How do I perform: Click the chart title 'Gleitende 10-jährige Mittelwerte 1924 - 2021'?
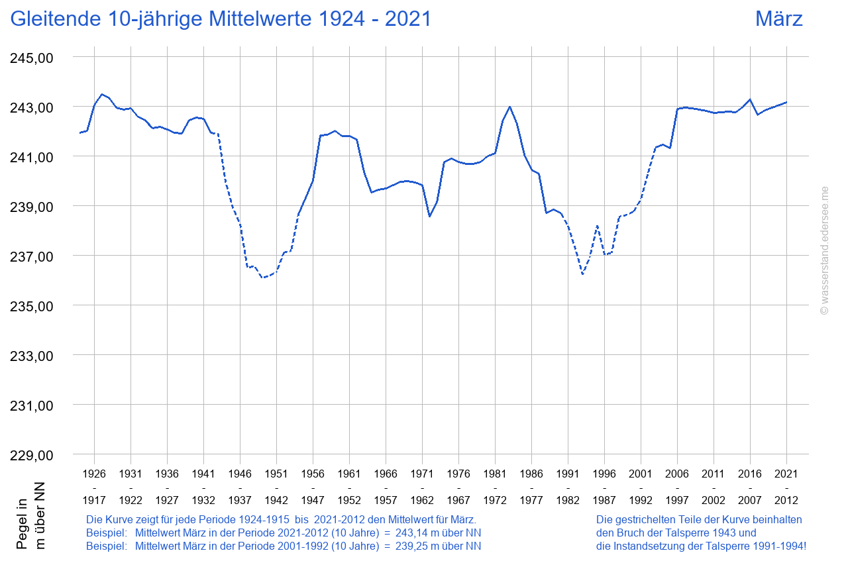click(221, 19)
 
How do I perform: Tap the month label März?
click(778, 19)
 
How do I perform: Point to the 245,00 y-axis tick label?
click(32, 58)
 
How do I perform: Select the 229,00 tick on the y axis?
click(32, 456)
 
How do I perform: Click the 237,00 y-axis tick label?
click(32, 256)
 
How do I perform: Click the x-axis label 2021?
click(786, 474)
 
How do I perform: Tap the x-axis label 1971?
click(422, 474)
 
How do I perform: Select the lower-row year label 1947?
click(313, 500)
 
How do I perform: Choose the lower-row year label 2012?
click(786, 500)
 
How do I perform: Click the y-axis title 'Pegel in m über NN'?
click(31, 523)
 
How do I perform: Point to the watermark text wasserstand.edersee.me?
click(825, 250)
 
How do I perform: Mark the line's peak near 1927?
click(101, 94)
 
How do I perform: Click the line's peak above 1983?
click(509, 107)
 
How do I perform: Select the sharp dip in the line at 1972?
click(429, 217)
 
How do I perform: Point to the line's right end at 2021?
click(786, 102)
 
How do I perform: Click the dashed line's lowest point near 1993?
click(582, 274)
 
